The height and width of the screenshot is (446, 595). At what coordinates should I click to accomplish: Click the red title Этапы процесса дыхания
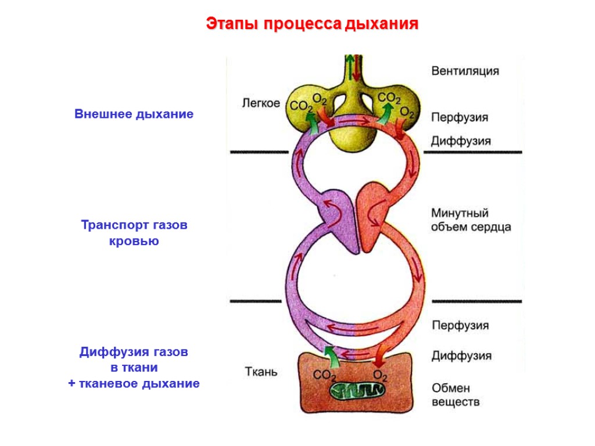coord(313,24)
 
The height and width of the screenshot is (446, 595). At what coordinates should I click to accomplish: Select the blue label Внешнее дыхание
coord(134,114)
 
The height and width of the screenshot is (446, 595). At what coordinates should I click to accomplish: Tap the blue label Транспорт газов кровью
coord(134,233)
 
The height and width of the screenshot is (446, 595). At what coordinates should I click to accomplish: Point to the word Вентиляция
coord(465,71)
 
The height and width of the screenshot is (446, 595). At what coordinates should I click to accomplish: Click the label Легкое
coord(260,103)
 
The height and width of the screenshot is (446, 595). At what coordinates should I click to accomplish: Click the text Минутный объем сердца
coord(471,220)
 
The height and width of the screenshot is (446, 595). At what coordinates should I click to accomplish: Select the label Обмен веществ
coord(456,394)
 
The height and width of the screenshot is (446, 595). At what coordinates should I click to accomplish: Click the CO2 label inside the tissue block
coord(325,375)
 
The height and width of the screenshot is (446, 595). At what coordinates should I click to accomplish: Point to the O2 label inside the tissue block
coord(380,375)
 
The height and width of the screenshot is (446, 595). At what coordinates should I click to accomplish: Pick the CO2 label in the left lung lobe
coord(302,106)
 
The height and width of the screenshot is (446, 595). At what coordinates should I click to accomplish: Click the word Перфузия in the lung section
coord(459,117)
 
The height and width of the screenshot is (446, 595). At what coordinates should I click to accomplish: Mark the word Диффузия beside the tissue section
coord(461,355)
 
